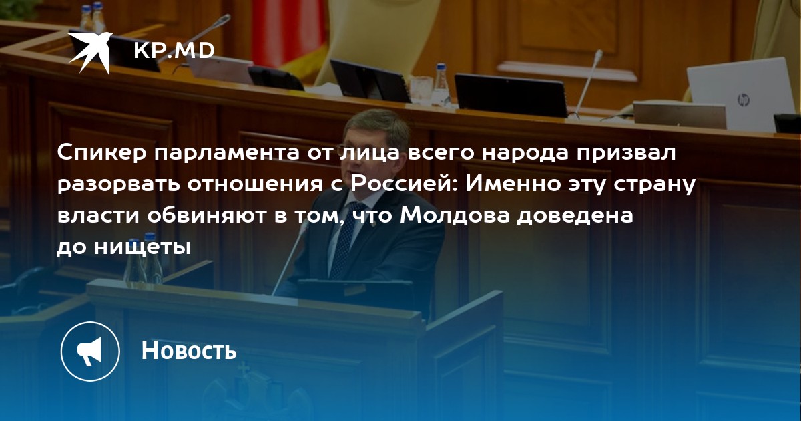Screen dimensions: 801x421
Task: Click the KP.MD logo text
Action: pyautogui.click(x=174, y=51)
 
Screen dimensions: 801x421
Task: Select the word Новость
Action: pyautogui.click(x=189, y=350)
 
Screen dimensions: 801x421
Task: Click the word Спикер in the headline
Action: pyautogui.click(x=102, y=154)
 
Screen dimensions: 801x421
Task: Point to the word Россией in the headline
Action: pyautogui.click(x=403, y=185)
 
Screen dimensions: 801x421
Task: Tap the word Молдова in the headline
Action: pyautogui.click(x=455, y=216)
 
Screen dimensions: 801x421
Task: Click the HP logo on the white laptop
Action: pyautogui.click(x=743, y=100)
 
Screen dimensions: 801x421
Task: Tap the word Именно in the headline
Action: pyautogui.click(x=513, y=184)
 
